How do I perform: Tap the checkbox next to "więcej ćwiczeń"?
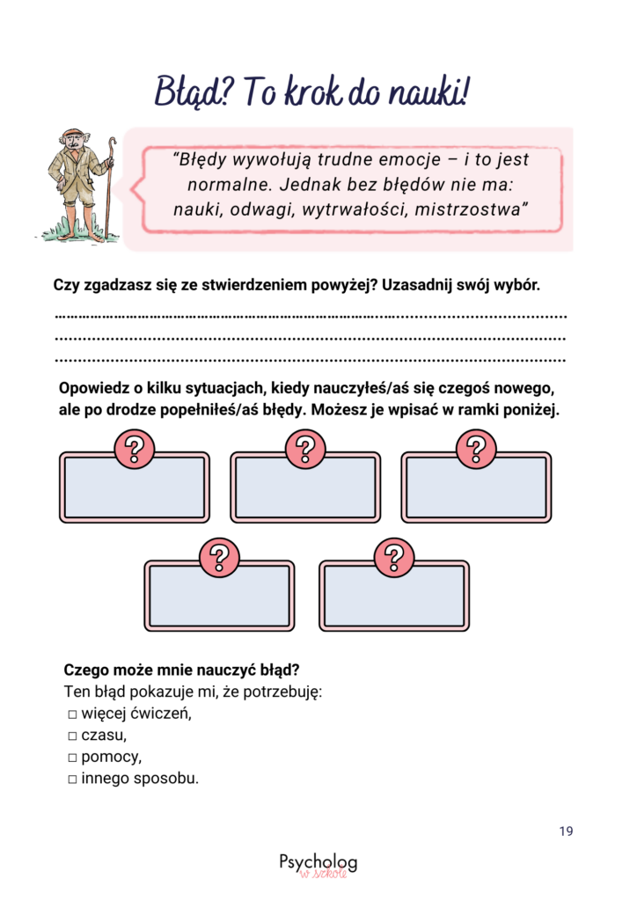(73, 714)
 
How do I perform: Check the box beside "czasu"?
(73, 736)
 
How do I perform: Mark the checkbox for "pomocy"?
(73, 758)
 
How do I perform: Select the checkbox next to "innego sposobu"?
(73, 780)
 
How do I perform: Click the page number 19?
(566, 831)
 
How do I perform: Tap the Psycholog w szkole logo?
(318, 864)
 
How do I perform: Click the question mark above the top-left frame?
(135, 450)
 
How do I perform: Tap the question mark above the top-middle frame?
(305, 450)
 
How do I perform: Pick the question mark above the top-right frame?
(476, 450)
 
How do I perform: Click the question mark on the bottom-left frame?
(220, 558)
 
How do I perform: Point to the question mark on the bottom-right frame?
(393, 558)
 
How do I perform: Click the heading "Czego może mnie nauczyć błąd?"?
(176, 670)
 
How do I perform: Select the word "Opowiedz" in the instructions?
(91, 388)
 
